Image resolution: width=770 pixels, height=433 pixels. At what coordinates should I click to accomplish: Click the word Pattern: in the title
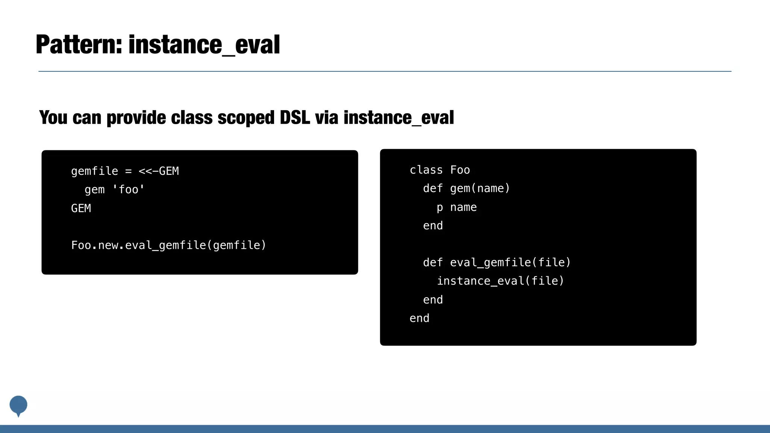tap(79, 45)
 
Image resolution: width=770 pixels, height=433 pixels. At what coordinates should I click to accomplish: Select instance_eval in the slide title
tap(204, 45)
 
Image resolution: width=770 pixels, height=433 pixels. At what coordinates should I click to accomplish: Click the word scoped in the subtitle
tap(246, 118)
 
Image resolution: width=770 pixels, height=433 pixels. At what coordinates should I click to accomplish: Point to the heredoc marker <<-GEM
tap(159, 171)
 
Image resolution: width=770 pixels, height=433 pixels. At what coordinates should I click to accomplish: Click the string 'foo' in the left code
tap(128, 189)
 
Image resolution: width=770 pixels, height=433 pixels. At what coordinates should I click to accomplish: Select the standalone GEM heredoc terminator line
tap(81, 208)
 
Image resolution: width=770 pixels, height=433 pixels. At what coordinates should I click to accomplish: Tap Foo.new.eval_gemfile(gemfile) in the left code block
tap(168, 245)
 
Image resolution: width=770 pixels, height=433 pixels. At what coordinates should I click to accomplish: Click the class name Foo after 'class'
tap(460, 170)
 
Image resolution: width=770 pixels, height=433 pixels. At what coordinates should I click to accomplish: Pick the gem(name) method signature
tap(480, 188)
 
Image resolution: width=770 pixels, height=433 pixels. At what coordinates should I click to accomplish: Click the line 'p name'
tap(456, 207)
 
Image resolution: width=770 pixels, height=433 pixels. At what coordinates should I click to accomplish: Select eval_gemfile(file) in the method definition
tap(510, 262)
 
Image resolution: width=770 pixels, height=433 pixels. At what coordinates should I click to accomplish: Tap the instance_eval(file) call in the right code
tap(500, 281)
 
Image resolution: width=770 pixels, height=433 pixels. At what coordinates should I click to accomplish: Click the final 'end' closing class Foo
tap(419, 318)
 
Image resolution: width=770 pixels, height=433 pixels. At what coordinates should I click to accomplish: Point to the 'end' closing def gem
tap(433, 226)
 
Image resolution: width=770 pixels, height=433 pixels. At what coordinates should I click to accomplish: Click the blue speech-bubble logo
tap(18, 405)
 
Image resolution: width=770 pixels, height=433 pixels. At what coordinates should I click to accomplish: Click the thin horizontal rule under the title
tap(385, 71)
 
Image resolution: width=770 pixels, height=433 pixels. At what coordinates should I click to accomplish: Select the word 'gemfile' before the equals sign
tap(94, 171)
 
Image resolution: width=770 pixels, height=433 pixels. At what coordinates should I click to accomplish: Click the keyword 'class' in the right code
tap(426, 170)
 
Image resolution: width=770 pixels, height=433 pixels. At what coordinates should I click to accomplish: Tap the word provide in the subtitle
tap(136, 118)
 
